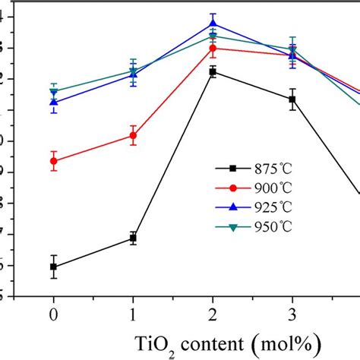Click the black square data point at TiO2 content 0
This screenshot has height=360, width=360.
[53, 267]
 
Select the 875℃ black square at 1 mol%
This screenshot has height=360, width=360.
[133, 238]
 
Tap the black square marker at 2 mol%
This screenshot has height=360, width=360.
[213, 71]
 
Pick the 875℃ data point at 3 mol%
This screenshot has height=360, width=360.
[292, 99]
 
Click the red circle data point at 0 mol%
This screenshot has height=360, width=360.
[53, 161]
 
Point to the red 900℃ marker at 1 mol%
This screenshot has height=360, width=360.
[133, 135]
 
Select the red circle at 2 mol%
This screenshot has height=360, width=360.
[213, 49]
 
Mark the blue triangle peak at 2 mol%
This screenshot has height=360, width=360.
[213, 24]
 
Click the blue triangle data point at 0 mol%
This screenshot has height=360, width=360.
[53, 102]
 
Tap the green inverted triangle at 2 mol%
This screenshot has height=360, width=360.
[213, 36]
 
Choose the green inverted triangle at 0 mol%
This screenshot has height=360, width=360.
[53, 92]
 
